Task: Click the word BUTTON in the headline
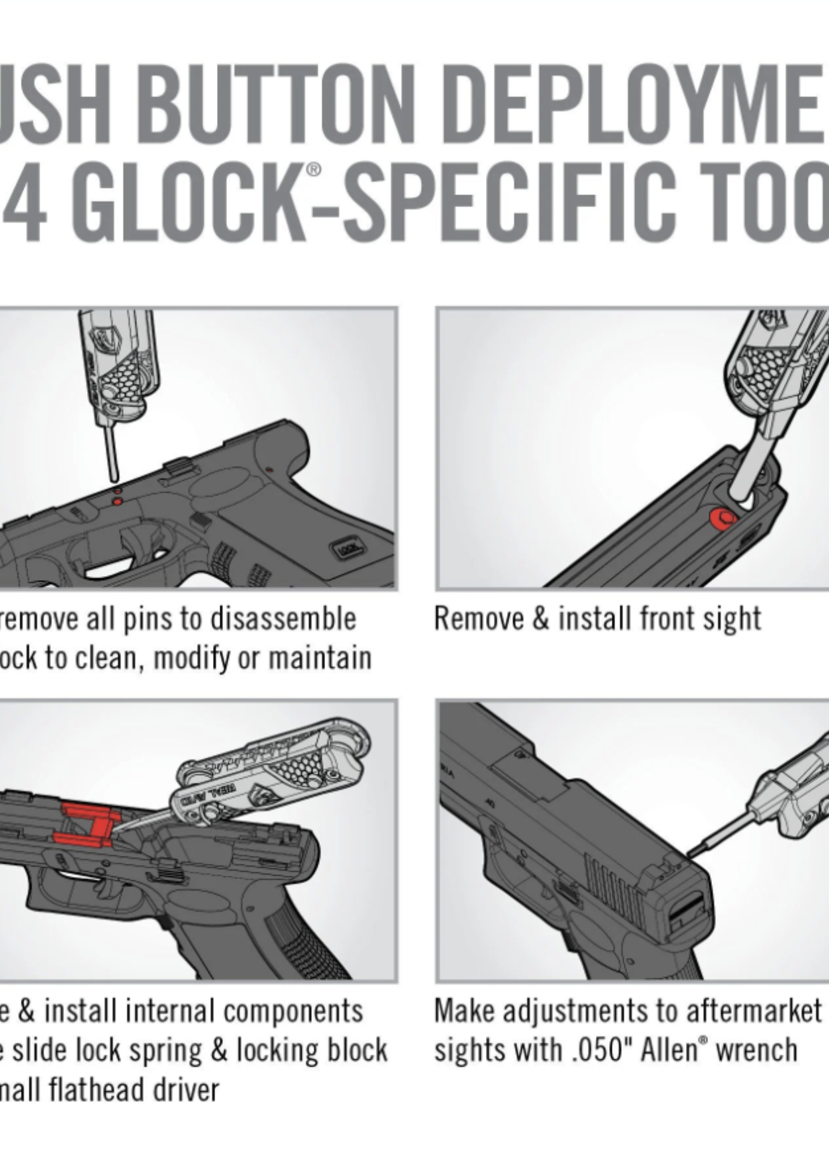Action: [275, 105]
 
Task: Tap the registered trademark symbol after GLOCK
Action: [314, 170]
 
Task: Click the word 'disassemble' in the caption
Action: [284, 619]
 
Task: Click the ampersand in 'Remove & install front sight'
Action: [540, 619]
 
